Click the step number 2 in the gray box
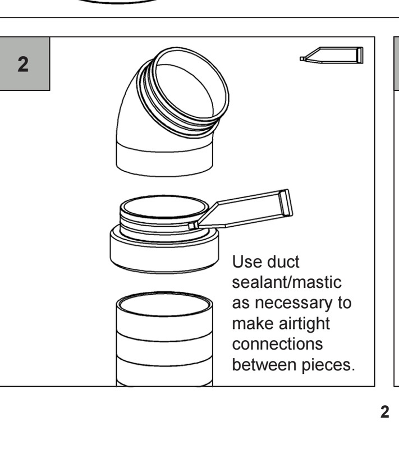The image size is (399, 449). (x=23, y=64)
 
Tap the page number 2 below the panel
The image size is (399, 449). (x=384, y=412)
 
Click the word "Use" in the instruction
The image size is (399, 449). (x=247, y=262)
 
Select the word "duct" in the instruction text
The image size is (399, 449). (x=283, y=262)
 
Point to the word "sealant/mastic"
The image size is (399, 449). (x=287, y=282)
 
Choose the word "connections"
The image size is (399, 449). (x=277, y=344)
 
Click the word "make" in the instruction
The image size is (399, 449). (x=253, y=324)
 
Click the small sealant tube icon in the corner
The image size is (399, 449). (x=332, y=55)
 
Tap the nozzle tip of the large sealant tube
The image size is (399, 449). (x=193, y=226)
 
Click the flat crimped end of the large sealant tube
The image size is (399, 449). (x=286, y=203)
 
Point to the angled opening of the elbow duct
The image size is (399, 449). (x=189, y=83)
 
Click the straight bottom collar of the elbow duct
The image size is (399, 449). (x=164, y=161)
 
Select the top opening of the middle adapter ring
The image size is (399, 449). (x=164, y=206)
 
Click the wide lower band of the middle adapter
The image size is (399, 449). (x=164, y=254)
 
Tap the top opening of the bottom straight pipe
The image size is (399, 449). (x=164, y=304)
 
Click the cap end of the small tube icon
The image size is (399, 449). (x=360, y=55)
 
